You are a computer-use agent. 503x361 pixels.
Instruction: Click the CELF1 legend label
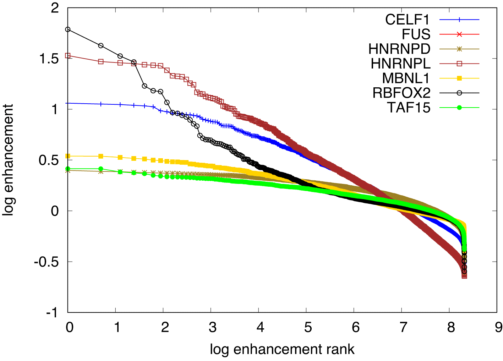click(408, 20)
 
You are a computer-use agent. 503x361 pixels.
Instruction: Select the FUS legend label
click(416, 34)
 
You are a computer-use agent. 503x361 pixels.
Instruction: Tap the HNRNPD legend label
click(399, 49)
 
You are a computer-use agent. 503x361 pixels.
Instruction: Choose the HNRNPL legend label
click(400, 64)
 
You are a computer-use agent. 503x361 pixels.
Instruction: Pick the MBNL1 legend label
click(406, 78)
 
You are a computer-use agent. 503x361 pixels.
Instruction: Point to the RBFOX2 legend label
click(401, 93)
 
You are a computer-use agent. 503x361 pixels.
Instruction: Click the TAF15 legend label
click(409, 108)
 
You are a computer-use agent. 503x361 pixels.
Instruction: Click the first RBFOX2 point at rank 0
click(68, 29)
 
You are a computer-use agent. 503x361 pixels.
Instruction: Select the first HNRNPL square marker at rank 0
click(68, 56)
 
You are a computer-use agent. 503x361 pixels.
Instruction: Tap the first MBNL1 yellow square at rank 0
click(68, 156)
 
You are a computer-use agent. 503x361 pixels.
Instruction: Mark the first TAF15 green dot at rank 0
click(68, 169)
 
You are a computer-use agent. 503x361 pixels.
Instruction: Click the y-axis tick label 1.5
click(49, 59)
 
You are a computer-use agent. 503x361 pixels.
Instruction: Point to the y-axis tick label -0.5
click(46, 262)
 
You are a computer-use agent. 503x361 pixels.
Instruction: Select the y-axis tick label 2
click(55, 8)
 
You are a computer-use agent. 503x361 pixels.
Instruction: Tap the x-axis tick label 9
click(498, 327)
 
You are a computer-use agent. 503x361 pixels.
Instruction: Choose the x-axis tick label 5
click(308, 327)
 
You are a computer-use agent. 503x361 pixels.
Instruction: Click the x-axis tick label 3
click(212, 327)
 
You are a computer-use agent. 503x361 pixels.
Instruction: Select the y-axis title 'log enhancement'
click(8, 160)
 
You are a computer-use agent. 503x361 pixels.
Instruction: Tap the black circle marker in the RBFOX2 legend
click(459, 93)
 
